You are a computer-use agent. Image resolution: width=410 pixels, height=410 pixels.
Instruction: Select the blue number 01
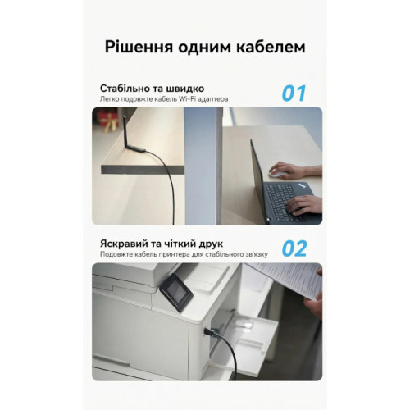294,93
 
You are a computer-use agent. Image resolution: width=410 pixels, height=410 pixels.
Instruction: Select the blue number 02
294,248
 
